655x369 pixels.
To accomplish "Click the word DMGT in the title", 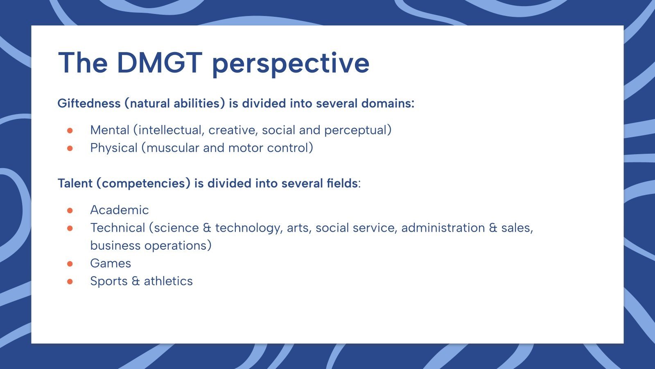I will pyautogui.click(x=159, y=63).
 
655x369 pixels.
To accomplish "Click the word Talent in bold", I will pyautogui.click(x=75, y=183).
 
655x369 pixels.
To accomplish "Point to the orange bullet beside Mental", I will pyautogui.click(x=70, y=130).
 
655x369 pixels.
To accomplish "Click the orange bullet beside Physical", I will pyautogui.click(x=70, y=148).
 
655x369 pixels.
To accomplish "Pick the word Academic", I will pyautogui.click(x=119, y=210).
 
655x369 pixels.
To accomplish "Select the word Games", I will pyautogui.click(x=111, y=263).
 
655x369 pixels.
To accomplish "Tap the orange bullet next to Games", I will pyautogui.click(x=70, y=264).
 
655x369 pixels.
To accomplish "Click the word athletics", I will pyautogui.click(x=168, y=281).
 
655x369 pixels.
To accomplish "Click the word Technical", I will pyautogui.click(x=117, y=228).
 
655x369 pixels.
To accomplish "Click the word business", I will pyautogui.click(x=115, y=246).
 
